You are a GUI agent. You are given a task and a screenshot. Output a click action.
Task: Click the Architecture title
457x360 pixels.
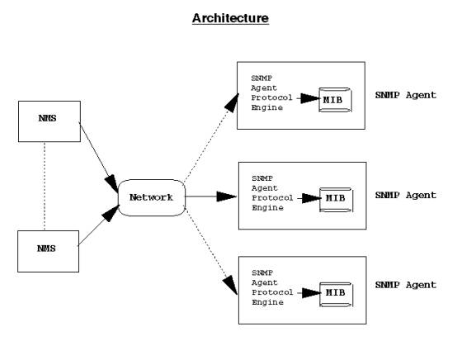pyautogui.click(x=230, y=18)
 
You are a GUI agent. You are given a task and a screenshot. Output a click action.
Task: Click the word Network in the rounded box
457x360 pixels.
pyautogui.click(x=151, y=197)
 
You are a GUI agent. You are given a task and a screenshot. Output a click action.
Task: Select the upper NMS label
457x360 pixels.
pyautogui.click(x=47, y=118)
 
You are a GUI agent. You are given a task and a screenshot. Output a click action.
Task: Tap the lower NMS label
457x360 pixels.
pyautogui.click(x=46, y=249)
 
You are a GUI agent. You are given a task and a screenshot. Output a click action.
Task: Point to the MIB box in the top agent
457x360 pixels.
pyautogui.click(x=335, y=100)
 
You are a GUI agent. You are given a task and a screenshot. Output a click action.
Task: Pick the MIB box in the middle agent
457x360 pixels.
pyautogui.click(x=337, y=200)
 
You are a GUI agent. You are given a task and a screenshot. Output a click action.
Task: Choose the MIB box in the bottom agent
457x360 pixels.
pyautogui.click(x=337, y=295)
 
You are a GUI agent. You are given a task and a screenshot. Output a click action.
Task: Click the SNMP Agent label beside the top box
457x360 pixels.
pyautogui.click(x=405, y=95)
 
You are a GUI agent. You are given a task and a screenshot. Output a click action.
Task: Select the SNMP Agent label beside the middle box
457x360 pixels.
pyautogui.click(x=405, y=195)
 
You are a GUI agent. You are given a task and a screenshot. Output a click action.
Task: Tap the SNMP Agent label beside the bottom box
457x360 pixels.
pyautogui.click(x=405, y=285)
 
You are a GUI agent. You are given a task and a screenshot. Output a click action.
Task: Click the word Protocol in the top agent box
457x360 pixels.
pyautogui.click(x=271, y=97)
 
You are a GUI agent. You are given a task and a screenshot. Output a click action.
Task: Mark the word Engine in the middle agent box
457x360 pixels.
pyautogui.click(x=267, y=208)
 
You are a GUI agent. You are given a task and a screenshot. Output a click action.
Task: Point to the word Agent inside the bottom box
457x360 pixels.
pyautogui.click(x=264, y=282)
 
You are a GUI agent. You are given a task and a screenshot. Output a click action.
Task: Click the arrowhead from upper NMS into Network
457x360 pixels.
pyautogui.click(x=111, y=184)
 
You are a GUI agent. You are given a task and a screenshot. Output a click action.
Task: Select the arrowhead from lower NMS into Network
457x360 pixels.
pyautogui.click(x=111, y=214)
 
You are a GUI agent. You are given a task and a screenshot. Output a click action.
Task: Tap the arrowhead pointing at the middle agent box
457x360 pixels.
pyautogui.click(x=227, y=197)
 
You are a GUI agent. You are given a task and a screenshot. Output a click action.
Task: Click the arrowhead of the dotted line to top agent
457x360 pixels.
pyautogui.click(x=232, y=103)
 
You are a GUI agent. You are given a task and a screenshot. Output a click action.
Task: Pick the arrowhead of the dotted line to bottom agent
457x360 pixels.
pyautogui.click(x=230, y=285)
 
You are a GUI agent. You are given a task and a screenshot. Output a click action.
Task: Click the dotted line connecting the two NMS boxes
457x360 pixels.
pyautogui.click(x=45, y=187)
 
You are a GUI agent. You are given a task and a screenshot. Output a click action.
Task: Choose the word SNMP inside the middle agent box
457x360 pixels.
pyautogui.click(x=262, y=178)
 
